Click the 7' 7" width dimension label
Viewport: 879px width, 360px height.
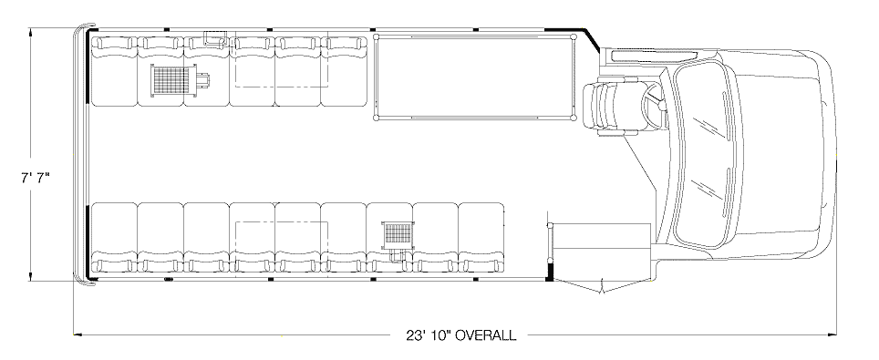[36, 179]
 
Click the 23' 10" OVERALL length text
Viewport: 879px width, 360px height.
[460, 335]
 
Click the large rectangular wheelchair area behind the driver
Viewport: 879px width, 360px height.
[474, 77]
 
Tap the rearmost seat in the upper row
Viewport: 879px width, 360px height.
[114, 71]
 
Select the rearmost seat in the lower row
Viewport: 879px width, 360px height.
[114, 238]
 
